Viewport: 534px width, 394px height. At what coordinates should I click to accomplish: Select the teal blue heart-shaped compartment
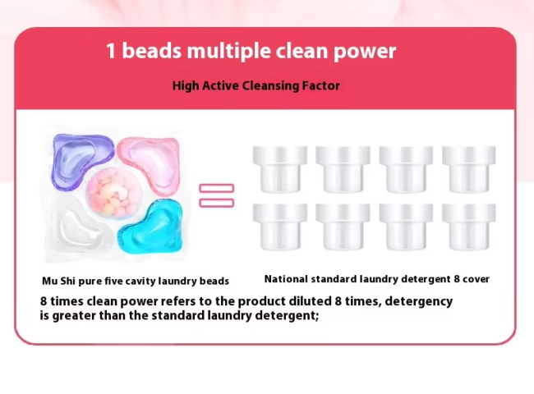(x=151, y=226)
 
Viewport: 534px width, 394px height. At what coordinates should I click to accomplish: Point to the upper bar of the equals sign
(x=217, y=188)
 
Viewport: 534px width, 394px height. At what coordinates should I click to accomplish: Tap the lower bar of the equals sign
(x=217, y=203)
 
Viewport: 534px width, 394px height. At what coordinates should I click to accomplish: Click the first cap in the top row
(x=280, y=169)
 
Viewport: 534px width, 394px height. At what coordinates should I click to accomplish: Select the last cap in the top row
(x=469, y=169)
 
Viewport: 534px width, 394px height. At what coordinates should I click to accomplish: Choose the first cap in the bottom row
(x=280, y=227)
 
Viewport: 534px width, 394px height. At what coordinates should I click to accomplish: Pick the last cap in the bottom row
(x=469, y=227)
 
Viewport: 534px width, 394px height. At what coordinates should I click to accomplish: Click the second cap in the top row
(x=343, y=169)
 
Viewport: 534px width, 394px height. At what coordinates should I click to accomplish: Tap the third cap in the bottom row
(x=406, y=227)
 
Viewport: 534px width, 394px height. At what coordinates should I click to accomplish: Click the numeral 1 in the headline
(x=111, y=51)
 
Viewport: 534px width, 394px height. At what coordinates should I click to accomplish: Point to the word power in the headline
(x=365, y=53)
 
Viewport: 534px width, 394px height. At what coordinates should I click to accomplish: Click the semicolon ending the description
(x=317, y=317)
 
